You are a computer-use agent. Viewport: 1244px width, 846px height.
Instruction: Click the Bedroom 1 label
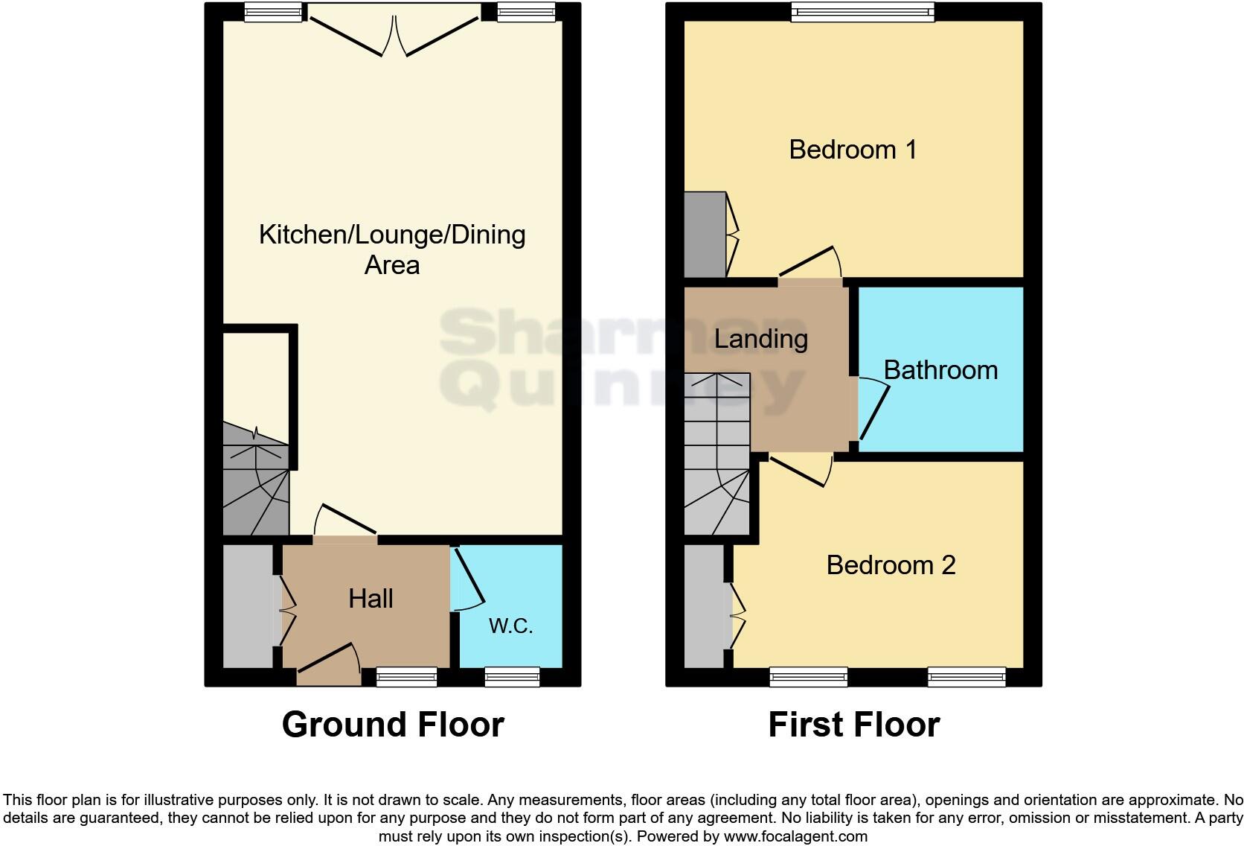[853, 150]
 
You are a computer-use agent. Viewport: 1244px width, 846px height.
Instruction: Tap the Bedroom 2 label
[891, 565]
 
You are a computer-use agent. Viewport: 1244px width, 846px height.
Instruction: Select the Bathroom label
[940, 370]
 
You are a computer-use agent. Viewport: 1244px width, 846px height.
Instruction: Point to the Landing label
[760, 339]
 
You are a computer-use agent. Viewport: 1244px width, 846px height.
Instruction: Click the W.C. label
[510, 626]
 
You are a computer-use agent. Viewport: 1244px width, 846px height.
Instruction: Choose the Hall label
[371, 599]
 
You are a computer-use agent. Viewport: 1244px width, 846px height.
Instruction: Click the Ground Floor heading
[393, 725]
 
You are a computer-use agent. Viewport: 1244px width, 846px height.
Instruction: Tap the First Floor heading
[853, 725]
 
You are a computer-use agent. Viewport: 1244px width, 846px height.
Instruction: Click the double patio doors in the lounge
[394, 34]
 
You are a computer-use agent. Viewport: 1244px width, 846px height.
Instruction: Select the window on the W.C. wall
[512, 676]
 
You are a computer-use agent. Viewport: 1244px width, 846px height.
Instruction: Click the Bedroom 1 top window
[862, 11]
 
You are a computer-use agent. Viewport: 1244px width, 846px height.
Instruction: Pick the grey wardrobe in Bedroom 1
[704, 235]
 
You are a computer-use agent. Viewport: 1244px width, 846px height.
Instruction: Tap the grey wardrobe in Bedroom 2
[704, 606]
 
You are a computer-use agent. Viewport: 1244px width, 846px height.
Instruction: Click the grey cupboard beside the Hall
[248, 606]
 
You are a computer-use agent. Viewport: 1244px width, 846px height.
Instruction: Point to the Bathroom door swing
[874, 410]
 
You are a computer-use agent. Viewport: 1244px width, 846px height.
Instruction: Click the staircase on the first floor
[716, 454]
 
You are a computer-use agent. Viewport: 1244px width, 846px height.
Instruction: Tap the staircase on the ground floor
[255, 480]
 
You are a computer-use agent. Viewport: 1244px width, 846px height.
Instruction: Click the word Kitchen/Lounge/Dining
[392, 235]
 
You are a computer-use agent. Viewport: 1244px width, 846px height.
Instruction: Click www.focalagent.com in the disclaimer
[795, 836]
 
